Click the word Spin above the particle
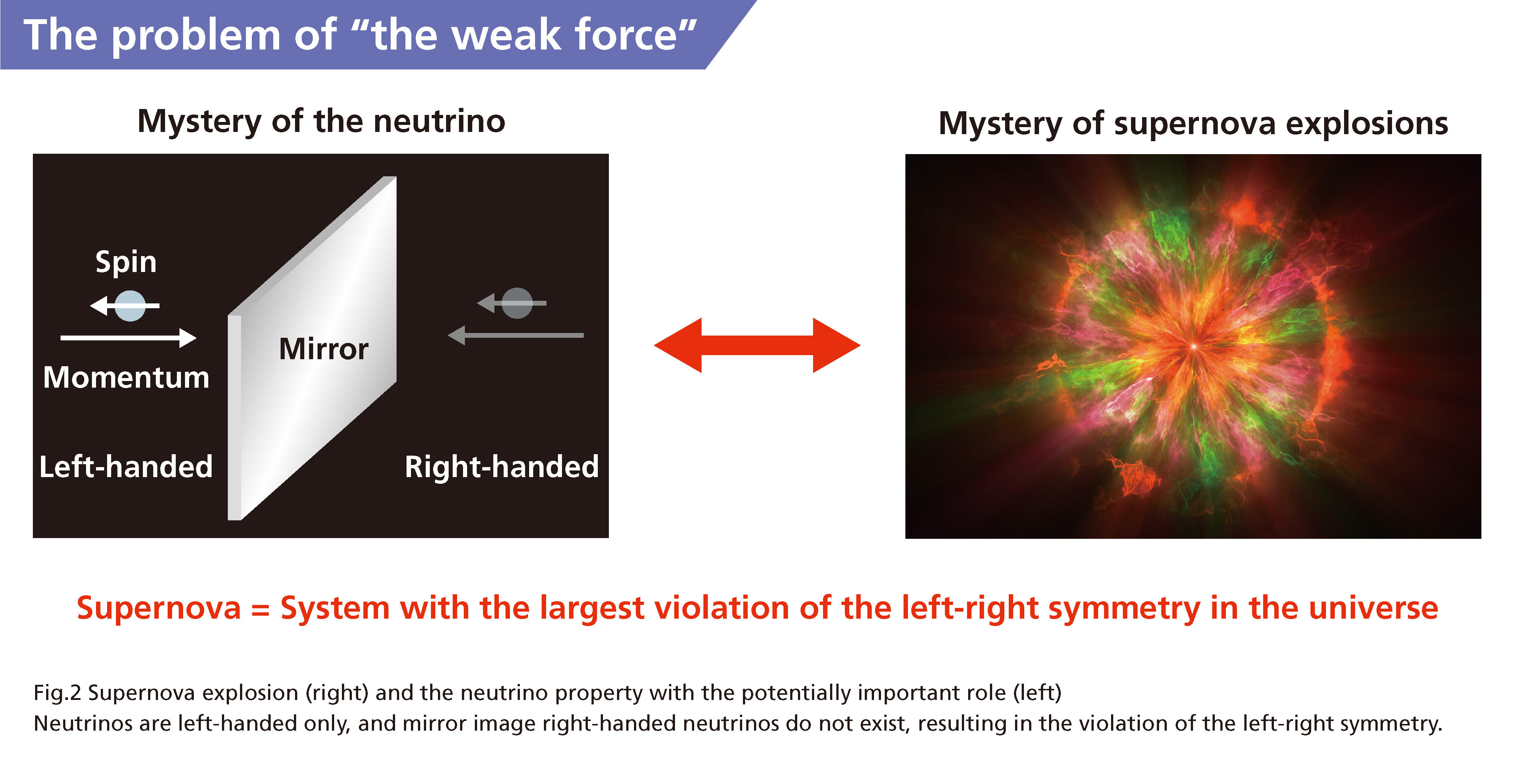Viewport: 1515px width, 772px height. (x=126, y=262)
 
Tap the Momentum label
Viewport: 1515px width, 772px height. (x=126, y=377)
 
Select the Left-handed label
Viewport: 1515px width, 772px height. (x=126, y=467)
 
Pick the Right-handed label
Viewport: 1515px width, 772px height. (x=502, y=467)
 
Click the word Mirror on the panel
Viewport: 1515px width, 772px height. (x=323, y=349)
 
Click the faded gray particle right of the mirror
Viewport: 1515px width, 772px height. (x=518, y=303)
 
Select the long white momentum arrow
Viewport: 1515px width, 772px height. (x=128, y=338)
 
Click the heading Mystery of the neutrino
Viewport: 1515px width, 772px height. (x=321, y=122)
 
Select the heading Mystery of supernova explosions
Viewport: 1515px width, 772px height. (x=1193, y=123)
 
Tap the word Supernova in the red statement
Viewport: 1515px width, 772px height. (x=159, y=608)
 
